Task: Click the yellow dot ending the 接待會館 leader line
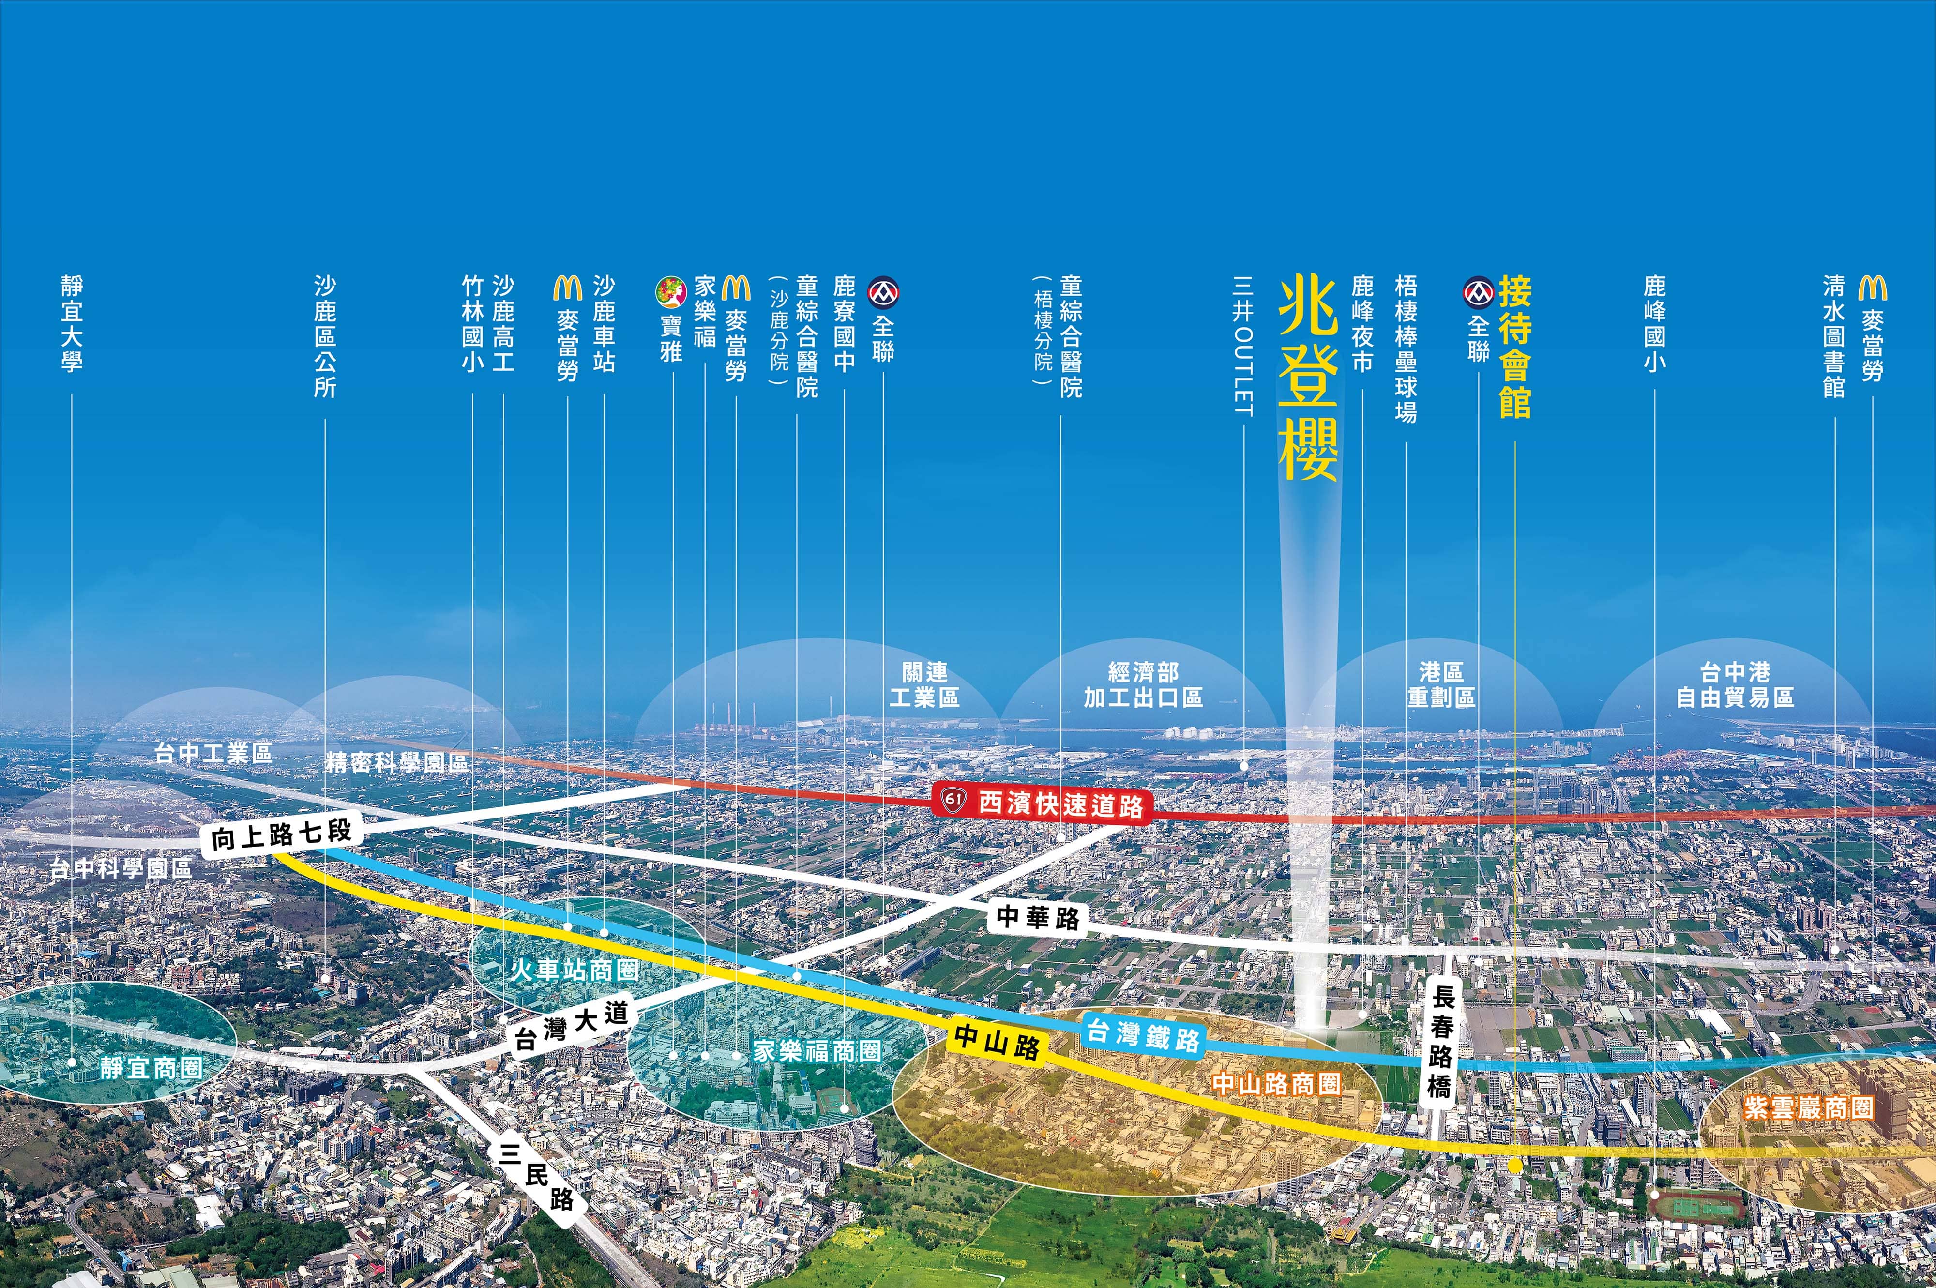1514,1165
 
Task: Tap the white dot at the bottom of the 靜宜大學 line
72,1062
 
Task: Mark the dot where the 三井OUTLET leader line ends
1243,766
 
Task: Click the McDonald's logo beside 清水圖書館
1872,288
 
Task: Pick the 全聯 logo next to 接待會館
1479,291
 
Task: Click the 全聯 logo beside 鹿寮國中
883,291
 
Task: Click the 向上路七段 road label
281,835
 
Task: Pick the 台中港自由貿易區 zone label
1735,685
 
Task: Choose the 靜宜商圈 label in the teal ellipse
151,1068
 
